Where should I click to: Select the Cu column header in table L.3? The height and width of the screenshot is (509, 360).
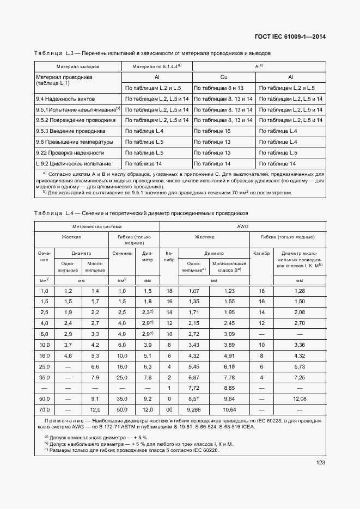point(223,77)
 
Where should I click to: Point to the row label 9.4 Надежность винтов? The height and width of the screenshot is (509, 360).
point(65,99)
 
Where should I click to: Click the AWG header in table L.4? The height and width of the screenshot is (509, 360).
point(242,226)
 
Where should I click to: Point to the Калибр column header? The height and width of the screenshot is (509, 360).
point(262,253)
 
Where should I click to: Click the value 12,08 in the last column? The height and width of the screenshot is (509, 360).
point(299,398)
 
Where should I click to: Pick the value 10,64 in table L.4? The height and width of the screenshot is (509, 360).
point(229,408)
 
